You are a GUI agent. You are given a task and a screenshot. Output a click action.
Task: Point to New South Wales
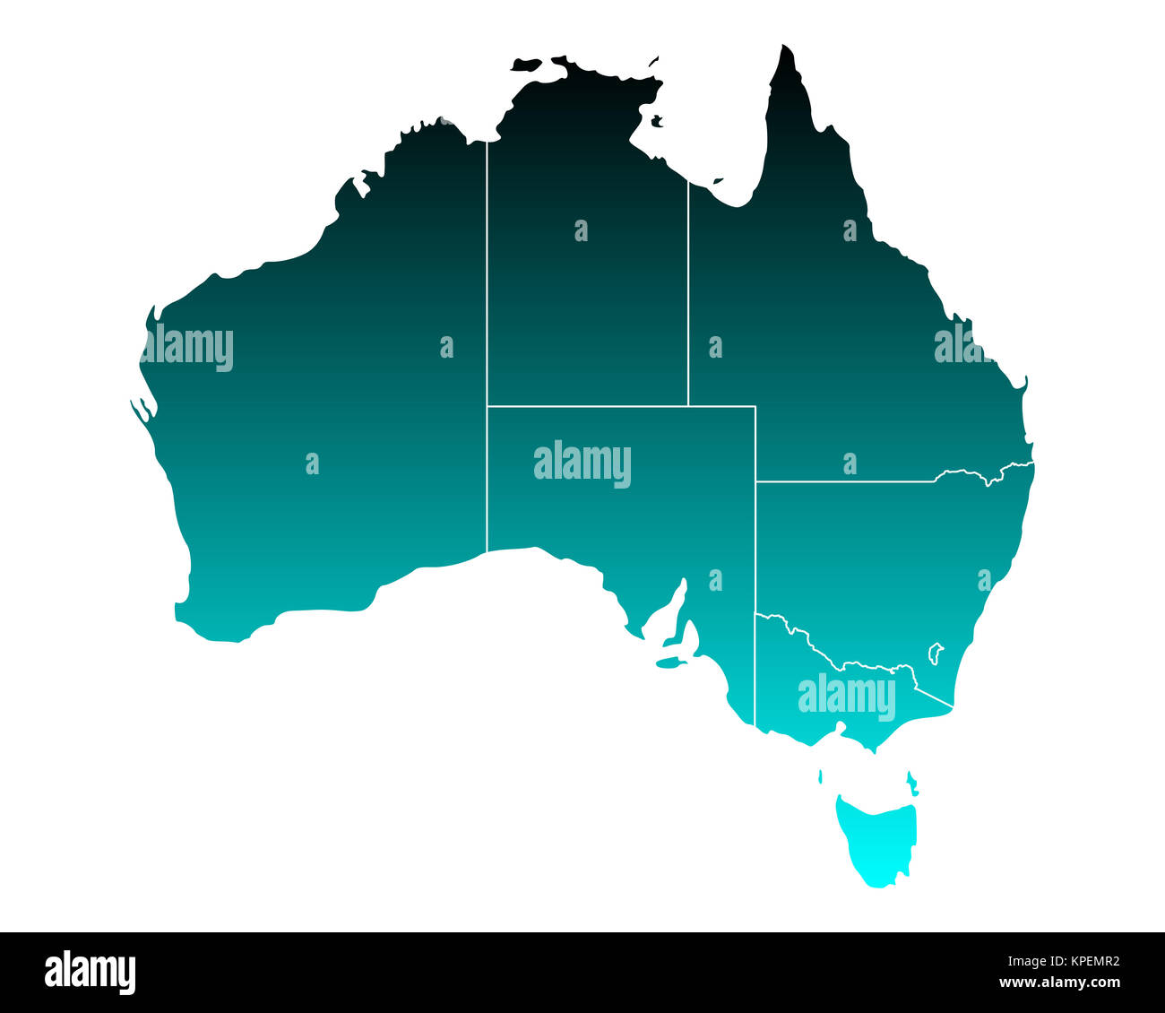click(x=878, y=556)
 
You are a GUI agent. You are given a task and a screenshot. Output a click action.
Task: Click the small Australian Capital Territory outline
click(x=936, y=652)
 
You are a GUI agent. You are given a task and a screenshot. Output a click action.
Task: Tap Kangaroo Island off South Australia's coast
click(x=668, y=663)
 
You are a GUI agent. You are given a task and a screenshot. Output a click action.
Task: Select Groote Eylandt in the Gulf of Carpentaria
click(x=657, y=120)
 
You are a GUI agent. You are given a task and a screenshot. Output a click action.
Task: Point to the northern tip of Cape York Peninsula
click(x=786, y=49)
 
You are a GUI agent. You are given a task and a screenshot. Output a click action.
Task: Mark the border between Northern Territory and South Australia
click(x=587, y=406)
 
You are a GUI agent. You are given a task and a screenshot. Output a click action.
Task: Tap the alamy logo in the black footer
click(x=90, y=973)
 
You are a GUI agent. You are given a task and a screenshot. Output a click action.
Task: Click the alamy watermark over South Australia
click(x=582, y=463)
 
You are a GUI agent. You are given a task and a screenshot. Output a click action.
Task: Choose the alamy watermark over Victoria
click(x=846, y=697)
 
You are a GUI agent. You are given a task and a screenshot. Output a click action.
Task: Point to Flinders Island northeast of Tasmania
click(x=911, y=782)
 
